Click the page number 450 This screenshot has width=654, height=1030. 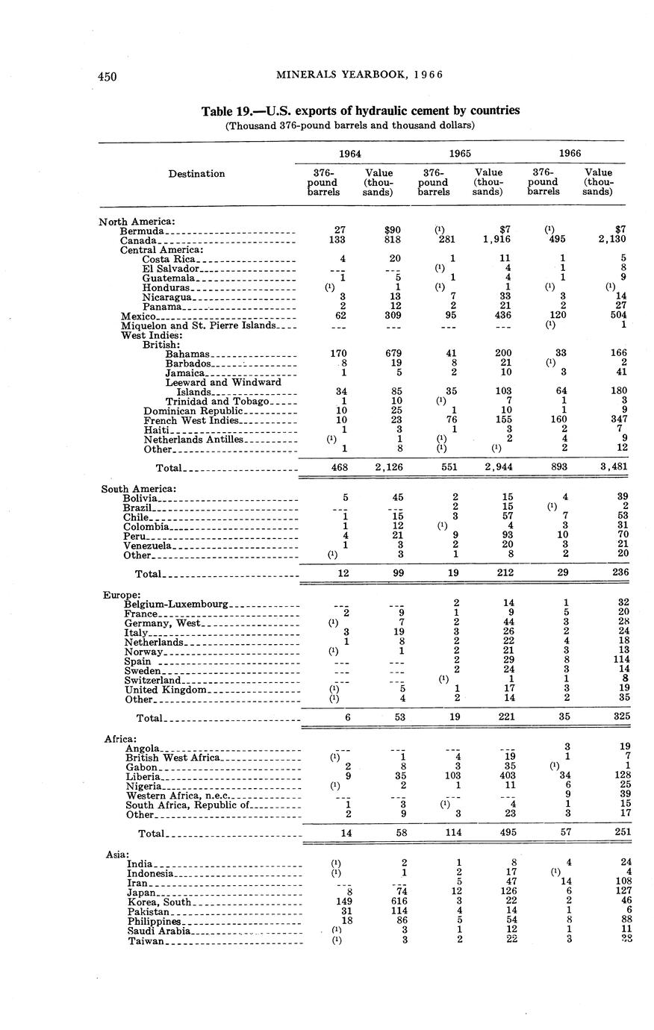108,76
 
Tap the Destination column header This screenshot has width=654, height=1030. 196,174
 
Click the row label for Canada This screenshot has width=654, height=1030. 138,240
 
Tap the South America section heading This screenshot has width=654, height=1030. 138,488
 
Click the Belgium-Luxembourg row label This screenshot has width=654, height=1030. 176,603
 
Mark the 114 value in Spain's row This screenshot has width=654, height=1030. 617,661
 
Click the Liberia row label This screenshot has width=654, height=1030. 142,776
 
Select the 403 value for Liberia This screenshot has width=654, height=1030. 505,776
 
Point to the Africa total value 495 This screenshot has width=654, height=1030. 505,832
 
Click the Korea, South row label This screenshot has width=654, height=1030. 160,902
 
